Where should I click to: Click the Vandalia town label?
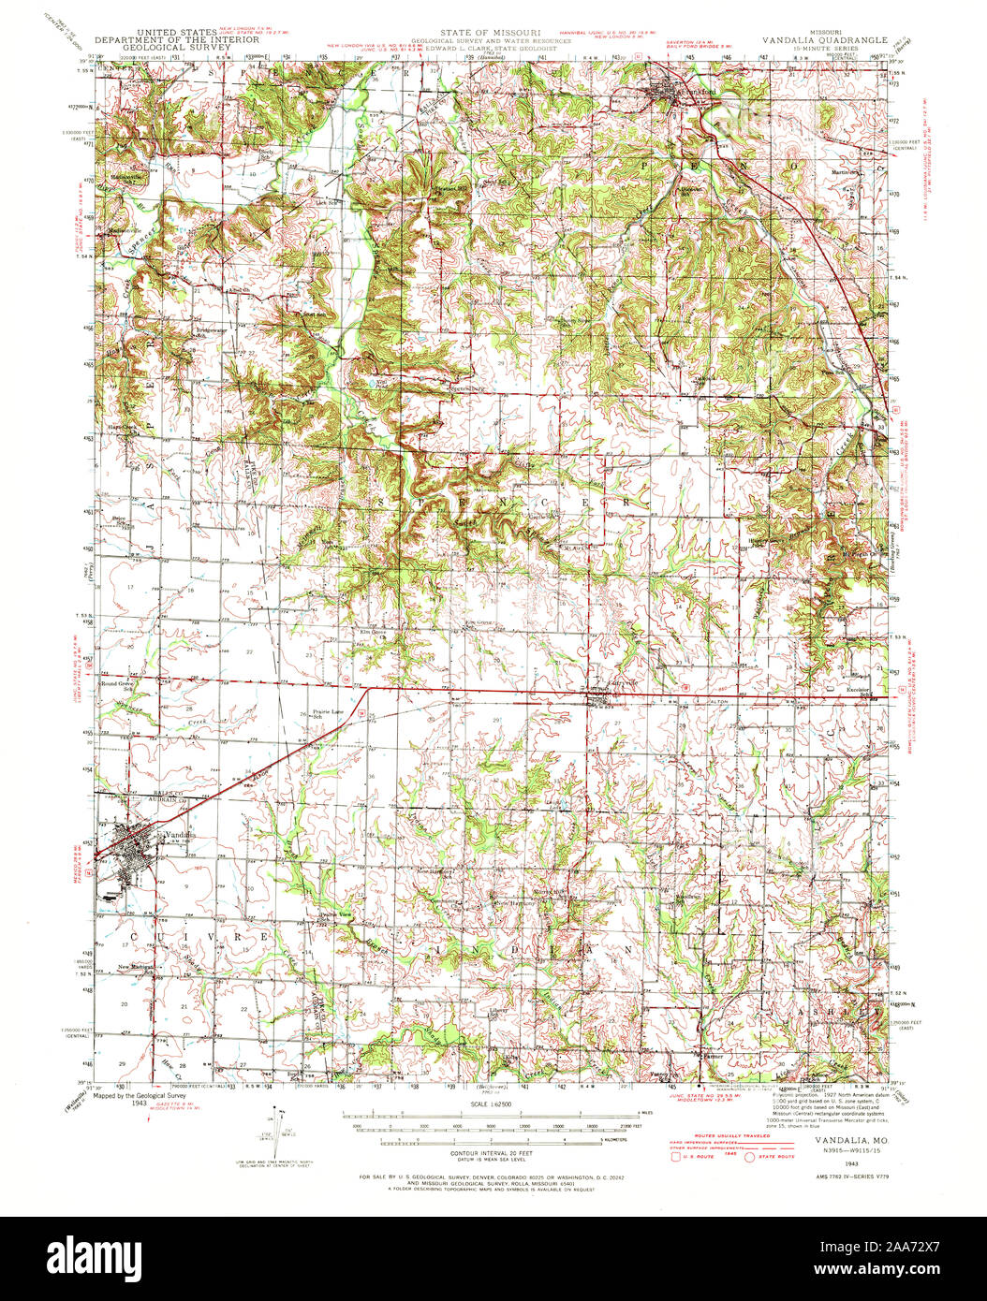point(178,834)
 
